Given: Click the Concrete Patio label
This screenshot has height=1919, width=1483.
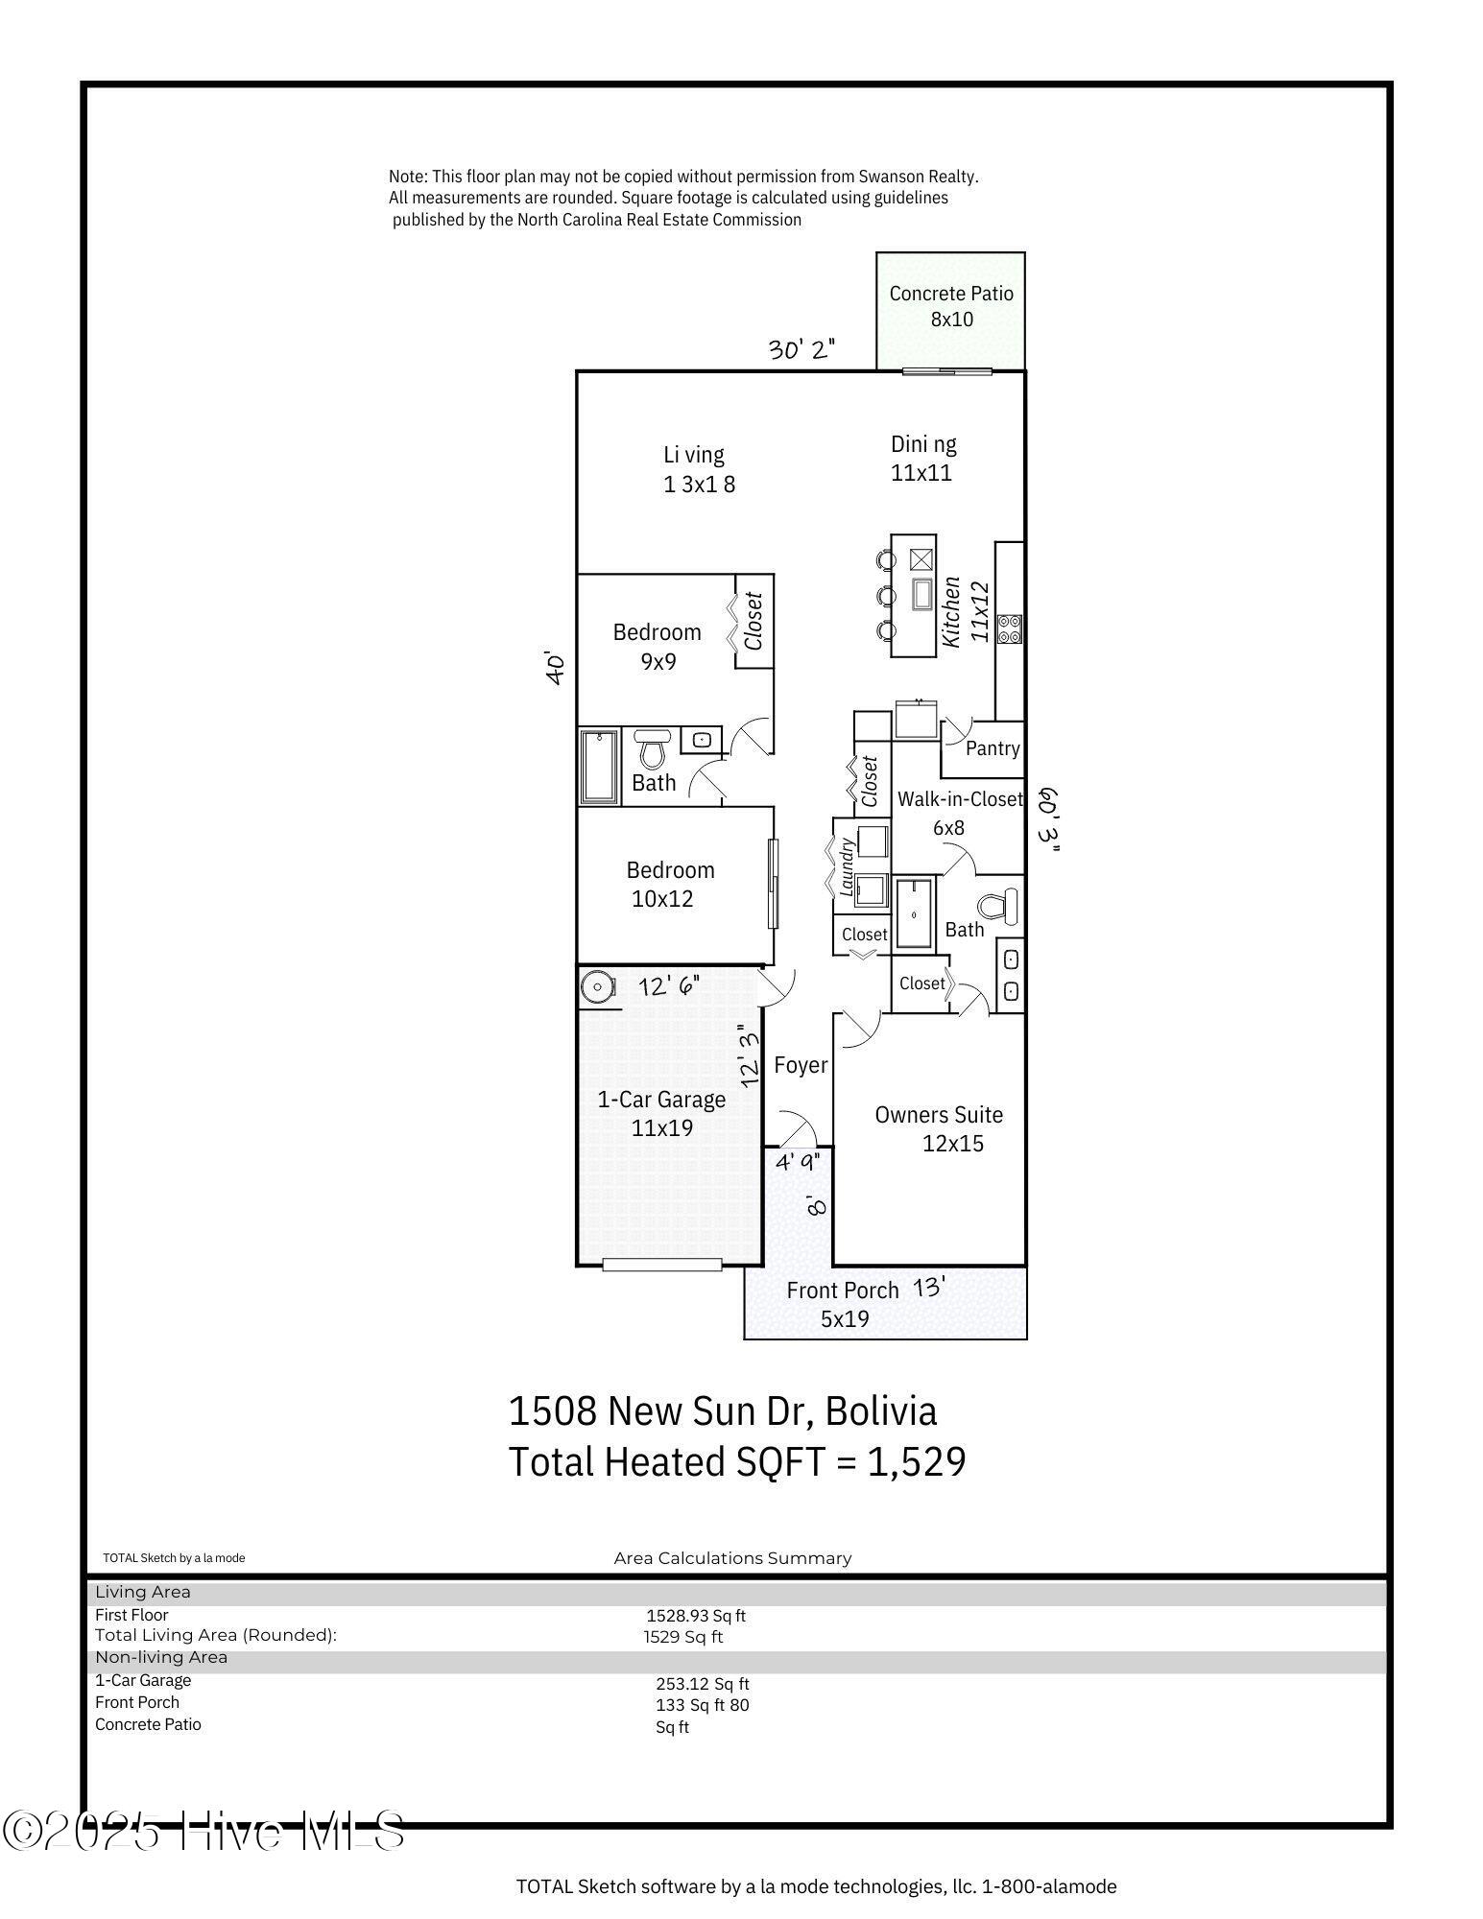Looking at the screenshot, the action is point(951,306).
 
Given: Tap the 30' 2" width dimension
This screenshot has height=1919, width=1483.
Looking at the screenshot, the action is point(801,349).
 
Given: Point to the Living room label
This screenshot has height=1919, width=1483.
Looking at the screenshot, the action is point(699,469).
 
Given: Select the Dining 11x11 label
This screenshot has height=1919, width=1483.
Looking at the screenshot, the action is point(923,458).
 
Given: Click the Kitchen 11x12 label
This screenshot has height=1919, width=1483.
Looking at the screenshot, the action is point(964,611).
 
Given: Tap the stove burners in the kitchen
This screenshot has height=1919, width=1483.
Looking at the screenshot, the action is point(1010,628).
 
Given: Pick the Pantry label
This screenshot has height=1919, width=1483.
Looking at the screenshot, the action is point(993,748).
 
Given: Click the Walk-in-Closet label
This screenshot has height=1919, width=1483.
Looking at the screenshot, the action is point(960,812).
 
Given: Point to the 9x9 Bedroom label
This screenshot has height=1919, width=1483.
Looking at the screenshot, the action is point(658,647).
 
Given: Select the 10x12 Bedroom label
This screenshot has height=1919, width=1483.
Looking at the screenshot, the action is point(670,884).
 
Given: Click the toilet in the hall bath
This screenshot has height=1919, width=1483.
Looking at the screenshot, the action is point(653,748).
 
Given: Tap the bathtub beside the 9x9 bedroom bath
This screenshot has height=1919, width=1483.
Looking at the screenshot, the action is point(600,767).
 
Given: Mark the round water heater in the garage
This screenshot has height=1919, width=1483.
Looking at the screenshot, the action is point(598,986).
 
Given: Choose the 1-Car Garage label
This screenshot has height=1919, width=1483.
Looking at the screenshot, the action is point(662,1113).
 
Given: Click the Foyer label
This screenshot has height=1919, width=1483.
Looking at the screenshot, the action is point(801,1065).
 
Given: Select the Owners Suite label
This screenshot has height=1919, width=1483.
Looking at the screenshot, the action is point(940,1128).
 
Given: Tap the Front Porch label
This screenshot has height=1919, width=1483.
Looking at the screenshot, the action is point(843,1304).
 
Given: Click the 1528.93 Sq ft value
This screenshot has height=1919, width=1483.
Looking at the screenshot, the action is point(696,1616).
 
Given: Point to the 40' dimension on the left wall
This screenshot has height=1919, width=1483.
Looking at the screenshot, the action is point(555,668).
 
